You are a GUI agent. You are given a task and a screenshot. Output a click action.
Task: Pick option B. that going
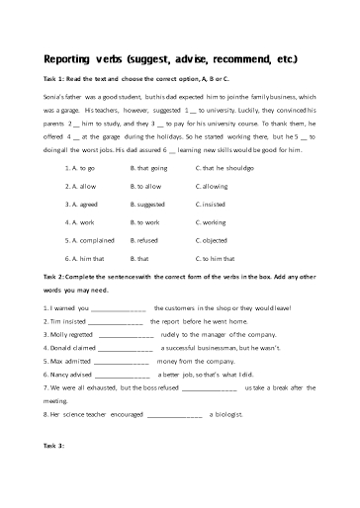pos(149,169)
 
